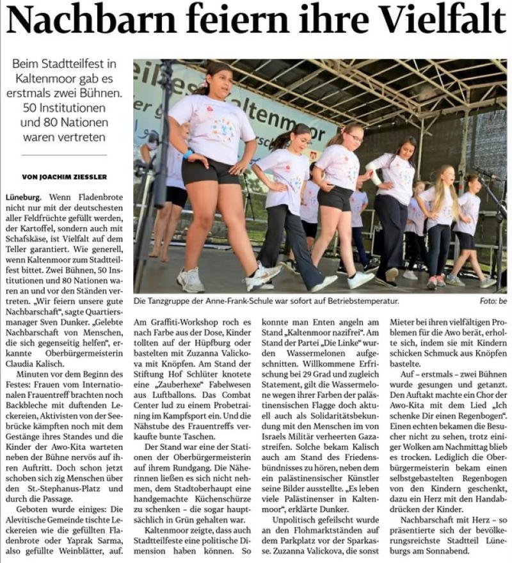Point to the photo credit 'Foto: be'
[x=492, y=300]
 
